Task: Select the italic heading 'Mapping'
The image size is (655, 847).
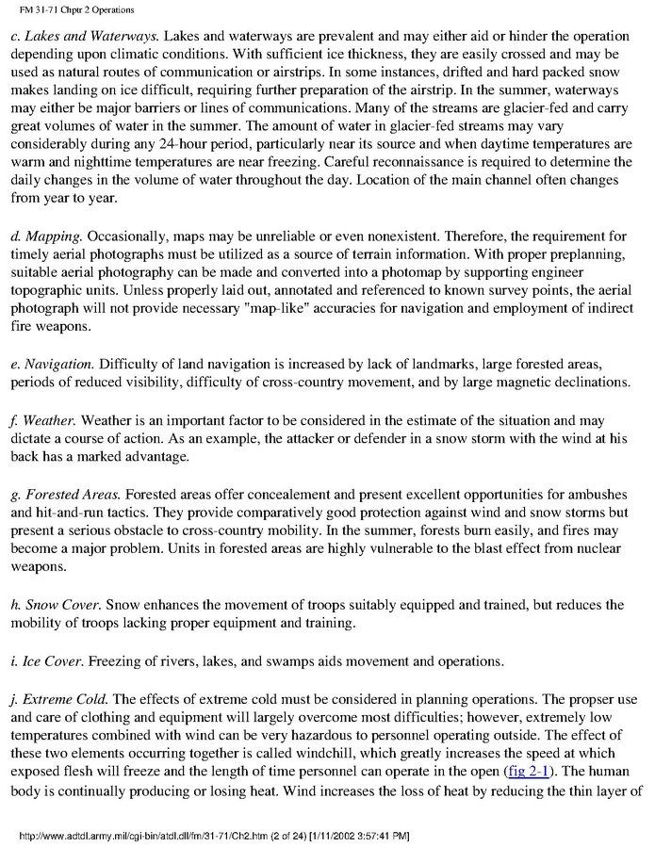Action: coord(57,236)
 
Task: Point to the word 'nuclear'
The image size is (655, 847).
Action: coord(611,549)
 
